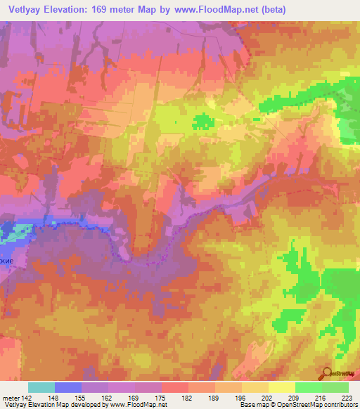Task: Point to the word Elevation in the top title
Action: tap(72, 9)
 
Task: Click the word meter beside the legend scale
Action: tap(11, 397)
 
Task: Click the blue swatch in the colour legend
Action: tap(67, 387)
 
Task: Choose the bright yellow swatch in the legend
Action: tap(281, 387)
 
